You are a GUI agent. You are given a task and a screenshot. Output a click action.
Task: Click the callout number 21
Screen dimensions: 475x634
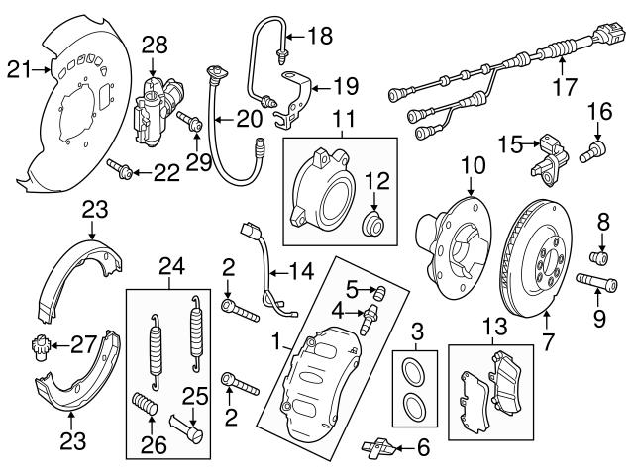(17, 68)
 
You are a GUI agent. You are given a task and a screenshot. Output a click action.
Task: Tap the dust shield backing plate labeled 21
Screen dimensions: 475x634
(74, 119)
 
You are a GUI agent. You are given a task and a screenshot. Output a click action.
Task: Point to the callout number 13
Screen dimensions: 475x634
(492, 328)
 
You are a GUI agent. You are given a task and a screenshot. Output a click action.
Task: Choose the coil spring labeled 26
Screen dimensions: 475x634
(147, 406)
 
